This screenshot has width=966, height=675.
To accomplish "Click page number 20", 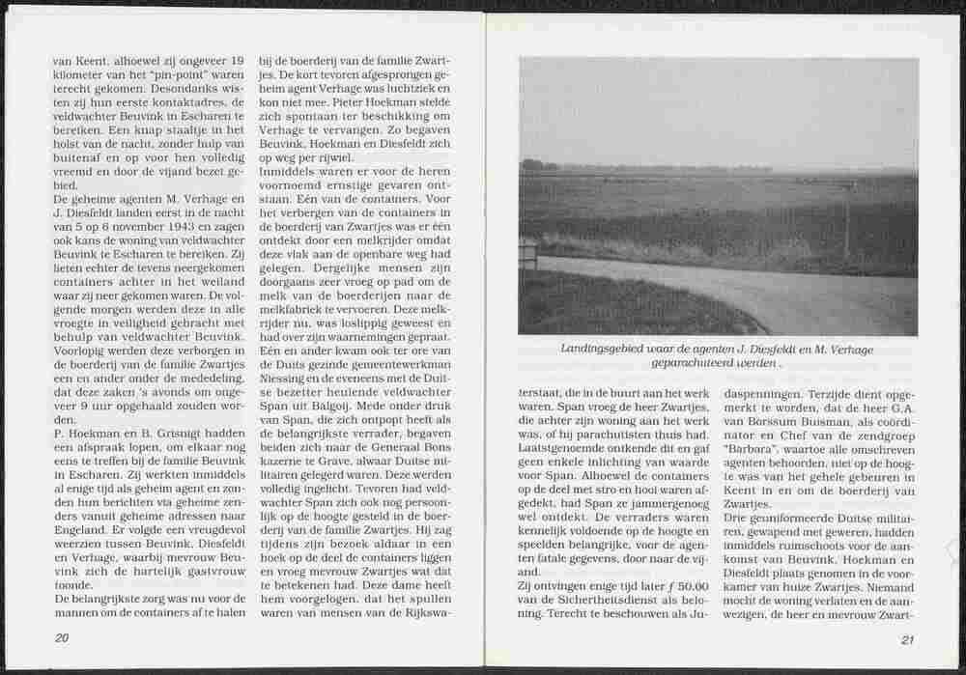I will tap(61, 637).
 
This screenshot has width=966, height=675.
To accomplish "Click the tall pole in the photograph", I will tap(847, 222).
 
